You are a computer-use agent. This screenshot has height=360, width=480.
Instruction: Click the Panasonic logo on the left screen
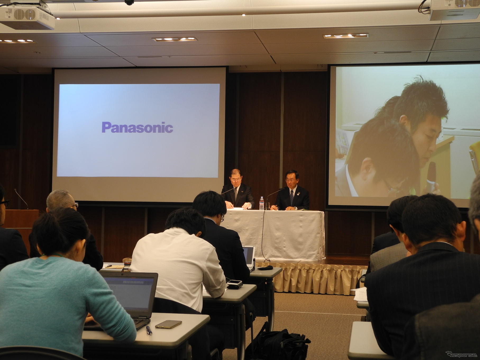(137, 127)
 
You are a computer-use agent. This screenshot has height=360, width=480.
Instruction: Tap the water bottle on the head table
(262, 203)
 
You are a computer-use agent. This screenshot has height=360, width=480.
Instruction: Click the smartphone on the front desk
(168, 324)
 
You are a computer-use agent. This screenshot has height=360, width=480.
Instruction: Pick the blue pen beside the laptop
(149, 330)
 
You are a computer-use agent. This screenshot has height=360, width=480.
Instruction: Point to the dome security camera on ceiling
(129, 2)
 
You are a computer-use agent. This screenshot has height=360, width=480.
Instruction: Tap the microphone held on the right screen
(431, 177)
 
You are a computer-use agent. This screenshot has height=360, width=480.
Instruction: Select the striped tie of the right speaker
(291, 197)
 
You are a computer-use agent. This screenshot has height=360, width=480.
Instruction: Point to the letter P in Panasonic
(106, 127)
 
